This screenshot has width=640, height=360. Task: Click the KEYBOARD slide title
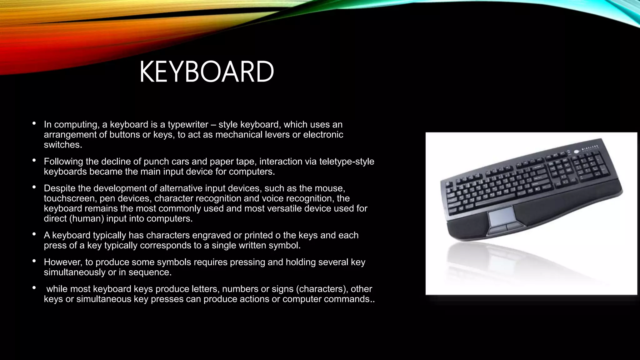pos(206,72)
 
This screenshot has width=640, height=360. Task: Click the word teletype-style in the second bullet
pos(347,162)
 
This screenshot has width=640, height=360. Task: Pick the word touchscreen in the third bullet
pos(69,198)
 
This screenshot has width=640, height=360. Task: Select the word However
pos(62,262)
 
